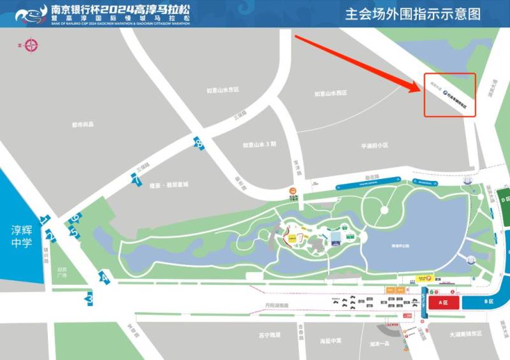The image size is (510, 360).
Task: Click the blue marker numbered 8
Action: [200, 143]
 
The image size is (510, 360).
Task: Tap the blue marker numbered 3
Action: [90, 298]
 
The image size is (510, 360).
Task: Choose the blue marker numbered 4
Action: [103, 277]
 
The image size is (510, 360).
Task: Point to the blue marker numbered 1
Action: [45, 220]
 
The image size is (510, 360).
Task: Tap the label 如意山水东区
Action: [222, 90]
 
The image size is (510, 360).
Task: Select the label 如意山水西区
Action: [331, 94]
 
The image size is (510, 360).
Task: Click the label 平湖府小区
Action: [374, 145]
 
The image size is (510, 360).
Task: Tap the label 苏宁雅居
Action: [270, 335]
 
